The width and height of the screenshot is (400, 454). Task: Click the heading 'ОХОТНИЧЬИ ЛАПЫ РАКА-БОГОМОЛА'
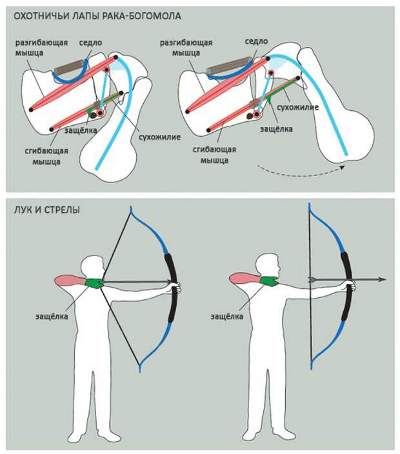[97, 15]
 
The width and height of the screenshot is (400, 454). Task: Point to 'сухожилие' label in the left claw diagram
[159, 137]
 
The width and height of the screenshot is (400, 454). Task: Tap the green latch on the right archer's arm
[268, 281]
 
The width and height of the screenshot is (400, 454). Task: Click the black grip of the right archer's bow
[346, 287]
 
